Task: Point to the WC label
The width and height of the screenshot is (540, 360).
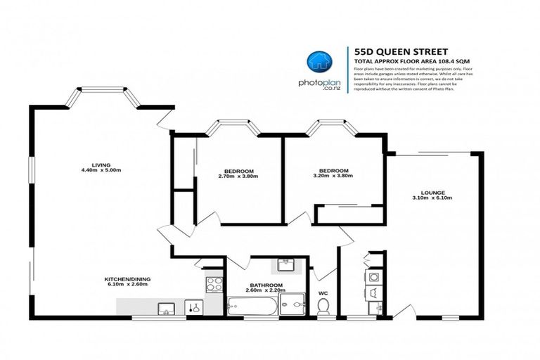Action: pos(323,292)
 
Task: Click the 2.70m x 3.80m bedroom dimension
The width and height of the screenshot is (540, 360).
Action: pos(239,176)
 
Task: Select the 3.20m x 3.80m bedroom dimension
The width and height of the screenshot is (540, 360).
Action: pos(333,176)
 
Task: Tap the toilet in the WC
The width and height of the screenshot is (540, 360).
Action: pos(323,306)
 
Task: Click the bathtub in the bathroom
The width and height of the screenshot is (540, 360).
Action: pos(251,306)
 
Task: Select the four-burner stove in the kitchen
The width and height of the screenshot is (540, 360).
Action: pos(214,284)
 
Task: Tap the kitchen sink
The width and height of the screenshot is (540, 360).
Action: pos(168,306)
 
